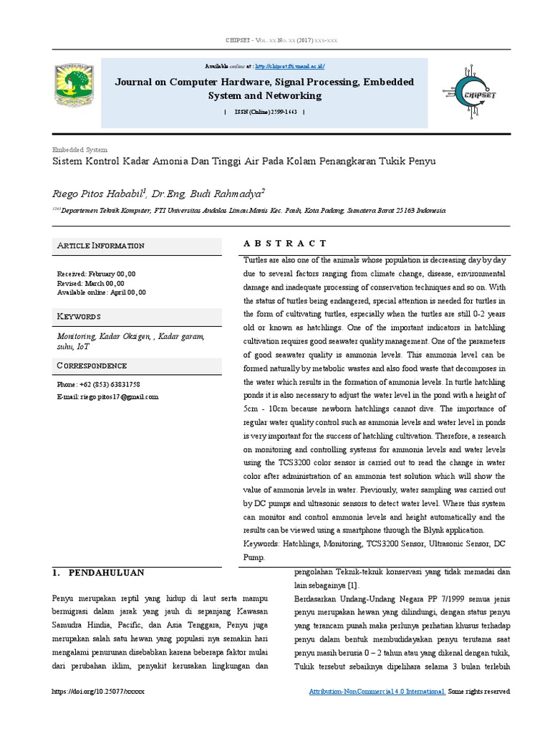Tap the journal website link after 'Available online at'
pos(289,66)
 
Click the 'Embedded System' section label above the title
pos(79,150)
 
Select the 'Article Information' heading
pos(101,246)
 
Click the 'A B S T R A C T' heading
pos(285,244)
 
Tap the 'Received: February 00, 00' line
pos(96,274)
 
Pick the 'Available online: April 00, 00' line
pos(101,292)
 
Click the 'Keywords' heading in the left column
pos(79,317)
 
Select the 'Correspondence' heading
pos(92,366)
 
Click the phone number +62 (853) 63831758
pos(98,385)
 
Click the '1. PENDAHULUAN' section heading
pos(99,573)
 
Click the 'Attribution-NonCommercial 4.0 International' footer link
pos(377,692)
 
